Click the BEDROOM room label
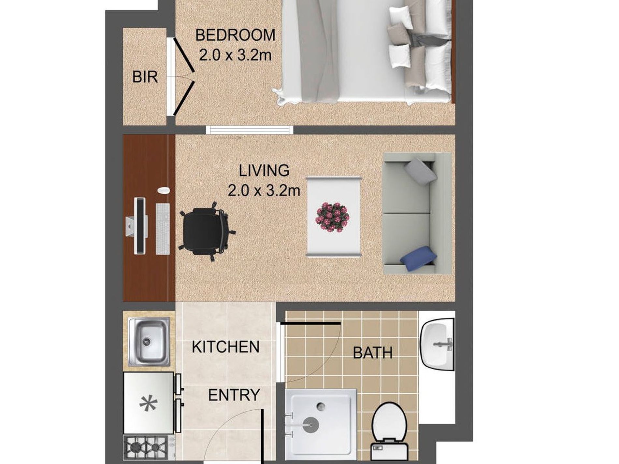point(235,35)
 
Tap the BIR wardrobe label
point(145,77)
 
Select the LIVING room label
point(264,171)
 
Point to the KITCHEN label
point(225,347)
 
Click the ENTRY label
point(234,395)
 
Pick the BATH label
point(373,353)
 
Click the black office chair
point(207,231)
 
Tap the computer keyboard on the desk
point(163,229)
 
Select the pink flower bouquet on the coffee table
point(333,217)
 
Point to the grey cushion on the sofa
point(420,172)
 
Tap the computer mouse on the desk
point(163,190)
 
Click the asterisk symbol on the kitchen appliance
point(148,403)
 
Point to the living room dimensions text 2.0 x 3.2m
point(264,190)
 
